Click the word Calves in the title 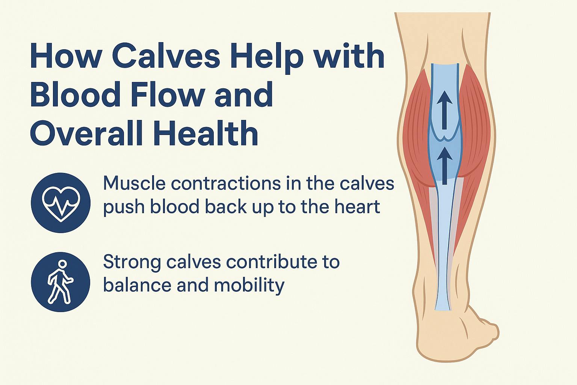167,57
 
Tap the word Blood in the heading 75,94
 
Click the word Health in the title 206,133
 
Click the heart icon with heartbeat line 61,203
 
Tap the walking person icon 61,282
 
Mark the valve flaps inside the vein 444,135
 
